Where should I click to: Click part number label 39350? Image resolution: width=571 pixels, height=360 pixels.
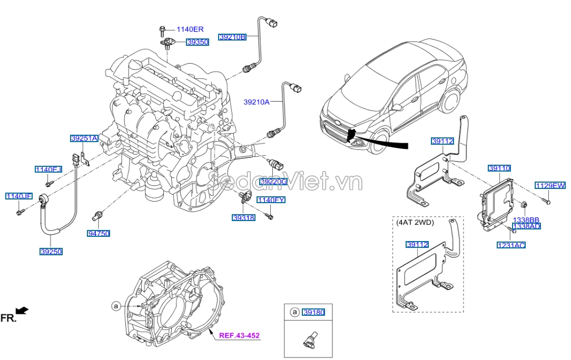tap(198, 42)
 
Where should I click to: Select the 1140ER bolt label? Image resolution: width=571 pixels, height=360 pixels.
tap(190, 29)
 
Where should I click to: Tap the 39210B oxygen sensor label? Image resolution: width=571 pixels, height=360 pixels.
tap(232, 37)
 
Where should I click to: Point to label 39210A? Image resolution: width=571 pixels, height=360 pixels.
tap(256, 102)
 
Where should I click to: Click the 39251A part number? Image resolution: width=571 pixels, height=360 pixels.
tap(84, 138)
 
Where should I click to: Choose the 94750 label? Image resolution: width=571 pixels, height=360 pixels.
tap(99, 233)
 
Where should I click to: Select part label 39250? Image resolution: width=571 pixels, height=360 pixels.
tap(51, 252)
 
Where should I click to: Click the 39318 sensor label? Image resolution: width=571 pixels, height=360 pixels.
tap(243, 217)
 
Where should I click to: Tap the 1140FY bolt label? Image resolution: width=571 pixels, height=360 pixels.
tap(271, 200)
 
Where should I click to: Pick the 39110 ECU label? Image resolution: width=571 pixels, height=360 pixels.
tap(499, 168)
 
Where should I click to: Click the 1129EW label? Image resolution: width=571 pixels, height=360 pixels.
tap(550, 185)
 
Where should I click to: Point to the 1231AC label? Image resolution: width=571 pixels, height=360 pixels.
tap(511, 245)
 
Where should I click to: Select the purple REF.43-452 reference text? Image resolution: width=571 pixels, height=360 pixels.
tap(240, 335)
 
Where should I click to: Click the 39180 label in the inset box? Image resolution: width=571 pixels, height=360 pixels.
tap(313, 312)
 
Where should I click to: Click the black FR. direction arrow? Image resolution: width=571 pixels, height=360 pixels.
tap(23, 311)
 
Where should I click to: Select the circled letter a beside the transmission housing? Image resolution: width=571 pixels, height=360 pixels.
tap(116, 305)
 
